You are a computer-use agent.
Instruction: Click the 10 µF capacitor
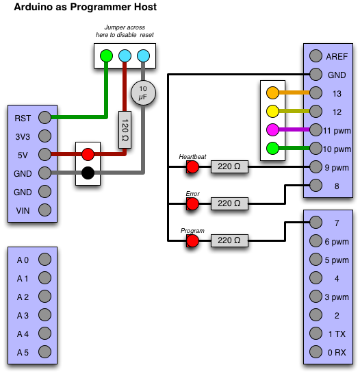point(143,92)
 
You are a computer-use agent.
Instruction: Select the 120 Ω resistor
point(125,129)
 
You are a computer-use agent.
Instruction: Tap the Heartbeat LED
point(192,166)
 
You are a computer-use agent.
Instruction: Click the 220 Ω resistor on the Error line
point(229,203)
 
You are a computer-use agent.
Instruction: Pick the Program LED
point(192,240)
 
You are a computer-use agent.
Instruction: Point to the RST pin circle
point(44,117)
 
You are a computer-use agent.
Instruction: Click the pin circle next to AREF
point(316,55)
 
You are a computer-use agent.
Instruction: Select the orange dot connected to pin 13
point(272,92)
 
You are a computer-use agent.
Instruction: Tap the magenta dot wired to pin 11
point(272,129)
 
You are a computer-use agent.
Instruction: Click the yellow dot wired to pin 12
point(272,111)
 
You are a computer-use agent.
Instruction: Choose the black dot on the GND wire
point(88,173)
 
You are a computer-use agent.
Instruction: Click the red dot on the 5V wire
point(88,154)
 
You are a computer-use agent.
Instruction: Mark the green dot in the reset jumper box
point(106,55)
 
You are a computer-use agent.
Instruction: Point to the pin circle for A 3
point(44,315)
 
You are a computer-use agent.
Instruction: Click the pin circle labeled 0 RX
point(316,352)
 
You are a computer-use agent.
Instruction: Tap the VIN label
point(23,210)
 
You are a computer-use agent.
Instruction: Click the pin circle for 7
point(316,223)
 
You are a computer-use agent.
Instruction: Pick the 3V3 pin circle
point(44,136)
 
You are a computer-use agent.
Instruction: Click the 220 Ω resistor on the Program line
point(229,240)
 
